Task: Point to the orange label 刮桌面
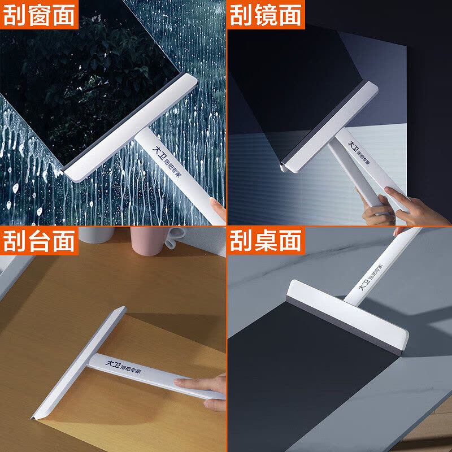(266, 241)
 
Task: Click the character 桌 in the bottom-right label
(266, 241)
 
